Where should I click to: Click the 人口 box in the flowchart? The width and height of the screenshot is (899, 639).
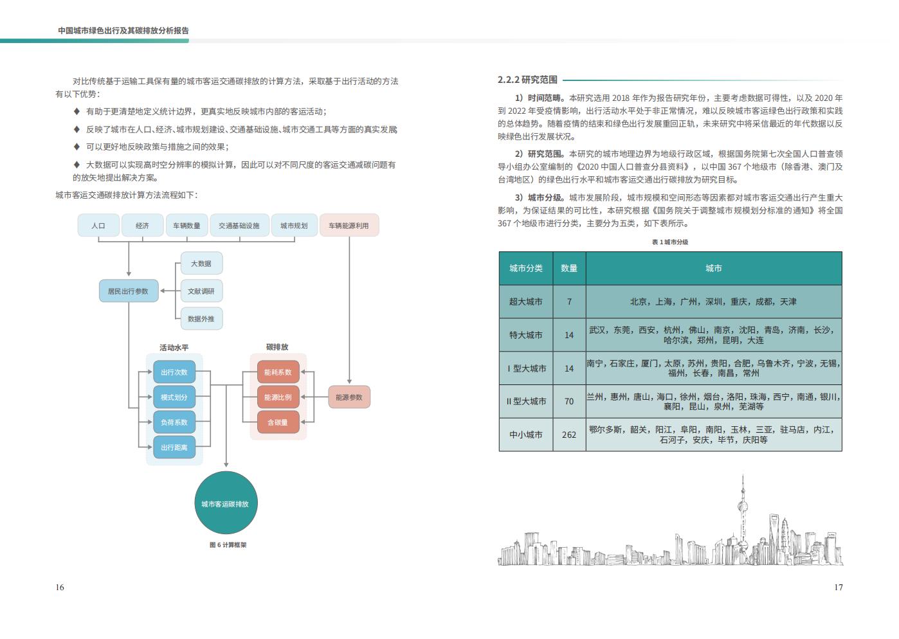(98, 226)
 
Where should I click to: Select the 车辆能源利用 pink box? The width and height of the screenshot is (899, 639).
(349, 226)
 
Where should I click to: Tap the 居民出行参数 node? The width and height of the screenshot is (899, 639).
(129, 291)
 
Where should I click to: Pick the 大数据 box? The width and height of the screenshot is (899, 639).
(201, 264)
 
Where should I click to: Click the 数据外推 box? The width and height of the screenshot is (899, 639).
(201, 319)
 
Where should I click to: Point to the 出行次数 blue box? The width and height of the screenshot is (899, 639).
(174, 372)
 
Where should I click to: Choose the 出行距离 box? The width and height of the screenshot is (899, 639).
(174, 447)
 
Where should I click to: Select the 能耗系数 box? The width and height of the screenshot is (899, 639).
(278, 372)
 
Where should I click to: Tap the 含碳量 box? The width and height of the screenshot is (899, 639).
(278, 422)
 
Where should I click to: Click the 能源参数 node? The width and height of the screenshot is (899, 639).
(349, 397)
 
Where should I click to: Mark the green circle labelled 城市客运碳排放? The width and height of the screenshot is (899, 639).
(226, 503)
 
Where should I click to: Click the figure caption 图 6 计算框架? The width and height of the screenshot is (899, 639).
(228, 544)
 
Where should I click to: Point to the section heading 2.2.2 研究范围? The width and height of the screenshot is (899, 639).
(527, 80)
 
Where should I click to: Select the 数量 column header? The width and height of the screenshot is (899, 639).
(569, 268)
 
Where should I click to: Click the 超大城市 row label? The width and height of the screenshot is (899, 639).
(526, 301)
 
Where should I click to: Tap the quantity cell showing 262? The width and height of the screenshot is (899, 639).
(569, 435)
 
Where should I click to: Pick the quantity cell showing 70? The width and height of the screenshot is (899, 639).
(569, 402)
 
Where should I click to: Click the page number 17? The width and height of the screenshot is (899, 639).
(839, 588)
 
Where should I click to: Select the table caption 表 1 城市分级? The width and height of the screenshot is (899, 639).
(670, 242)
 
